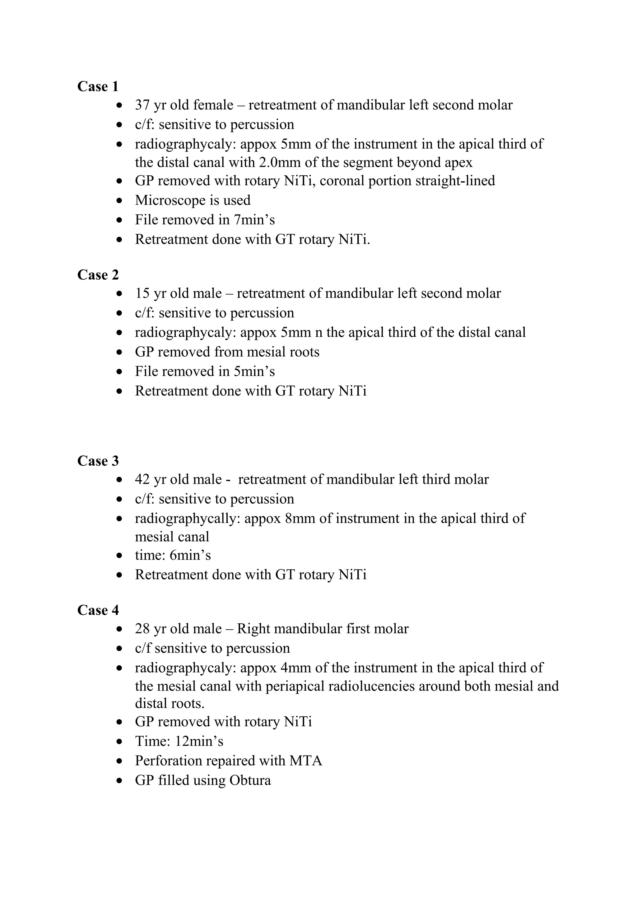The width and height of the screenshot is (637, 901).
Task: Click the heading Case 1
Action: [x=98, y=86]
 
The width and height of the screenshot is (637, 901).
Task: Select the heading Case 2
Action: [x=98, y=275]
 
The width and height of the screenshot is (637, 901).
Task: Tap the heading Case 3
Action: [x=98, y=461]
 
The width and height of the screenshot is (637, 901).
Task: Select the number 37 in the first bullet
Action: [x=142, y=105]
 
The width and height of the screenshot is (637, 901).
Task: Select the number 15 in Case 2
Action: [x=142, y=293]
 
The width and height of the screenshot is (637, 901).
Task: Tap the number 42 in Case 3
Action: [x=142, y=479]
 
